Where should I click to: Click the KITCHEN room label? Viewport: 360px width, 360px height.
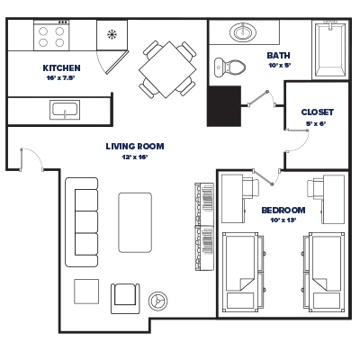(61, 67)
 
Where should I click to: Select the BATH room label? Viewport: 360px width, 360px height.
(278, 55)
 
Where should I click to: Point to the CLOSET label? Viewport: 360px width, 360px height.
(317, 112)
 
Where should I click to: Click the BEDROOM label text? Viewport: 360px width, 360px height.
(283, 210)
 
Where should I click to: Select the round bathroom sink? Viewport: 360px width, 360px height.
(242, 33)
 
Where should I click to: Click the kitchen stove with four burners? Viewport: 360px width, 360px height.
(52, 36)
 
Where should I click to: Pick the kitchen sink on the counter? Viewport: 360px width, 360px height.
(66, 111)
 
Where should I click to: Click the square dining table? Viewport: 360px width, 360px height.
(167, 69)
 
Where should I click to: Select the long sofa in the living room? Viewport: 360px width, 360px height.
(82, 221)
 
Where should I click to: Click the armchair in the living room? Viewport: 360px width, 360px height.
(124, 296)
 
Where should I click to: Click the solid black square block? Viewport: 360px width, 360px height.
(225, 105)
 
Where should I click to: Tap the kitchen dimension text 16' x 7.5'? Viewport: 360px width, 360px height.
(61, 78)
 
